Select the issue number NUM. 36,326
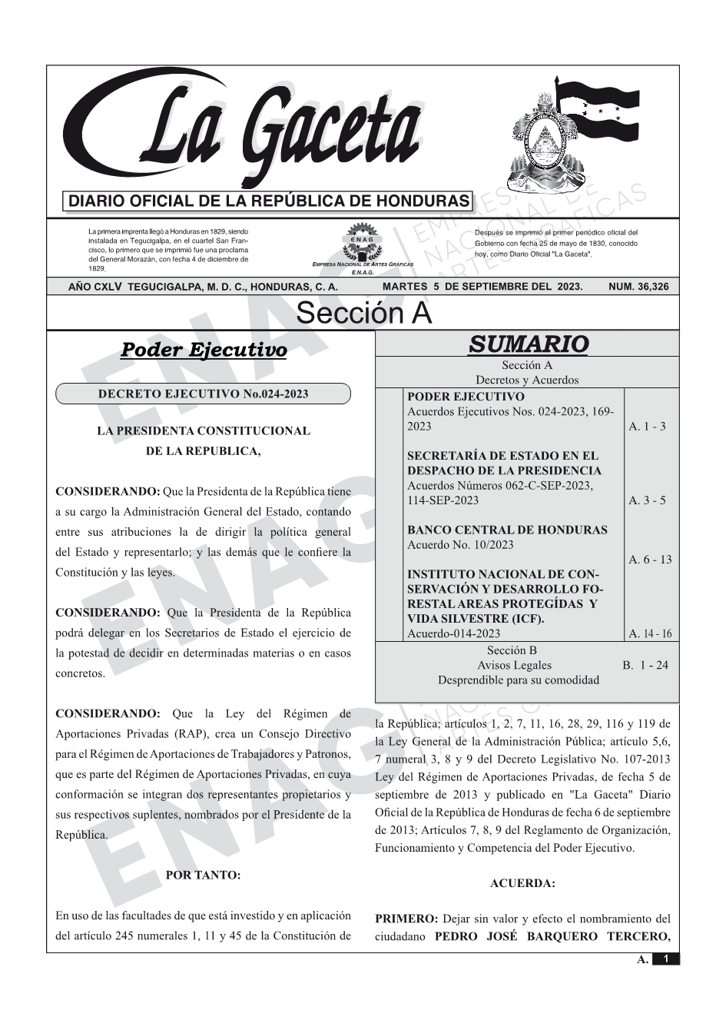(638, 287)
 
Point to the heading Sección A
(363, 314)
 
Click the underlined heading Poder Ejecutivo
(204, 351)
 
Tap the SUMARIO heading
(528, 344)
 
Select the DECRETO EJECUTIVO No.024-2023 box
(203, 394)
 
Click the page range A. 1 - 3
(647, 427)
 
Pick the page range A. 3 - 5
(647, 500)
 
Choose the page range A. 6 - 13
(650, 560)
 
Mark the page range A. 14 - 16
(650, 634)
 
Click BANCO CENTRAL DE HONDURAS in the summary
(506, 530)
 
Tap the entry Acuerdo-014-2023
(453, 634)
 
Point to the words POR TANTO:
(203, 876)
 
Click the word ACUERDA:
(522, 884)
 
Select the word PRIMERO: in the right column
(406, 919)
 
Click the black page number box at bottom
(666, 959)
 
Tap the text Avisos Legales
(514, 666)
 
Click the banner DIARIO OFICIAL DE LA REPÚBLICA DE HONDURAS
(269, 201)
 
